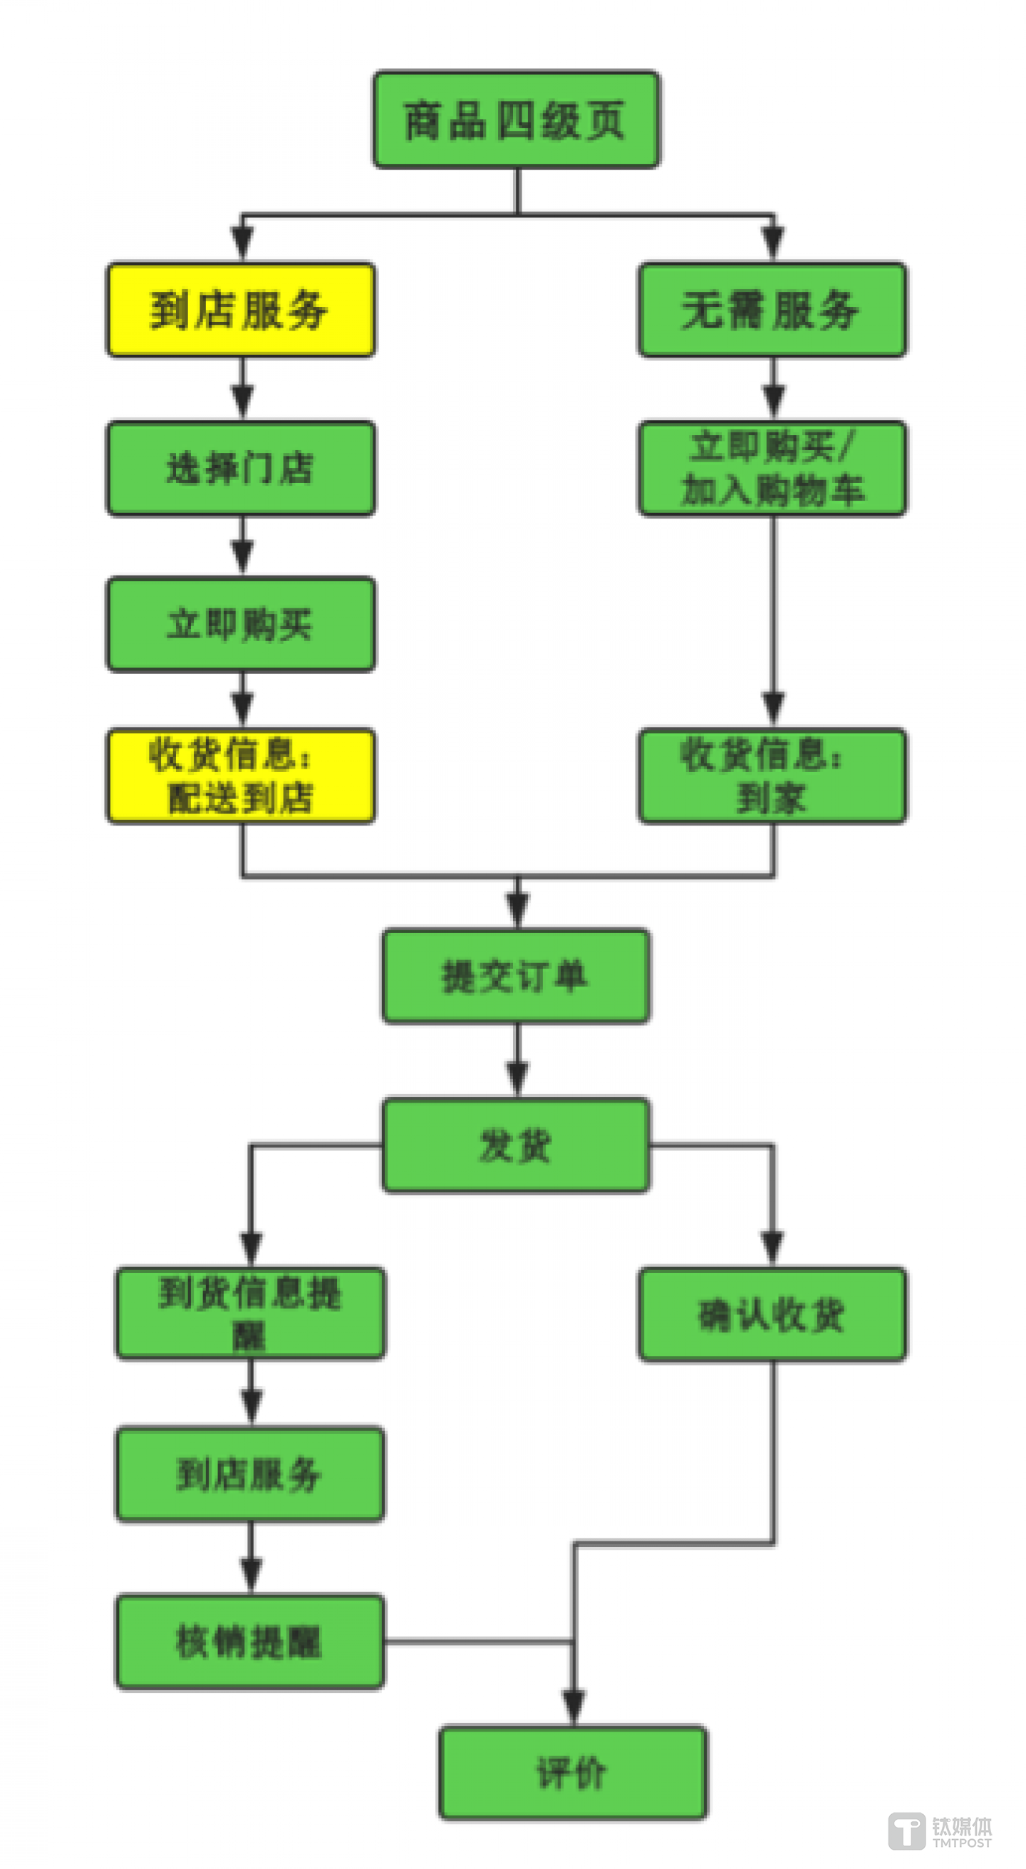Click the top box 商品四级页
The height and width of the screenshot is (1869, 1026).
coord(516,120)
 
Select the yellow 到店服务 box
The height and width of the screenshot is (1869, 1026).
coord(241,310)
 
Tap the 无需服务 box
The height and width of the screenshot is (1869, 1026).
coord(772,310)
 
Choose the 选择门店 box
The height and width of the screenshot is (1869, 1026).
coord(241,468)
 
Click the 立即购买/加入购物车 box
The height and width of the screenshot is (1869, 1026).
coord(772,468)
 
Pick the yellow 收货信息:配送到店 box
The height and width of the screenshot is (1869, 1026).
coord(241,776)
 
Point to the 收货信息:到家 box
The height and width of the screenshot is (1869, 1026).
coord(772,776)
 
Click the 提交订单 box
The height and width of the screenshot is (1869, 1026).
coord(516,976)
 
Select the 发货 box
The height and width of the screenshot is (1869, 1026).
coord(516,1145)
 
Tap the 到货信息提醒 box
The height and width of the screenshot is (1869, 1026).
coord(250,1313)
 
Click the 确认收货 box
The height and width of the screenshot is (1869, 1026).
coord(772,1314)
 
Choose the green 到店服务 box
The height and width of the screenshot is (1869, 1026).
coord(250,1474)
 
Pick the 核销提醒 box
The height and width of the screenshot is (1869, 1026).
coord(250,1642)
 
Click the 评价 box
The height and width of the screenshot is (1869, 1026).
coord(573,1773)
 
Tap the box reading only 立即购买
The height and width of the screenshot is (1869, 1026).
coord(241,624)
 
